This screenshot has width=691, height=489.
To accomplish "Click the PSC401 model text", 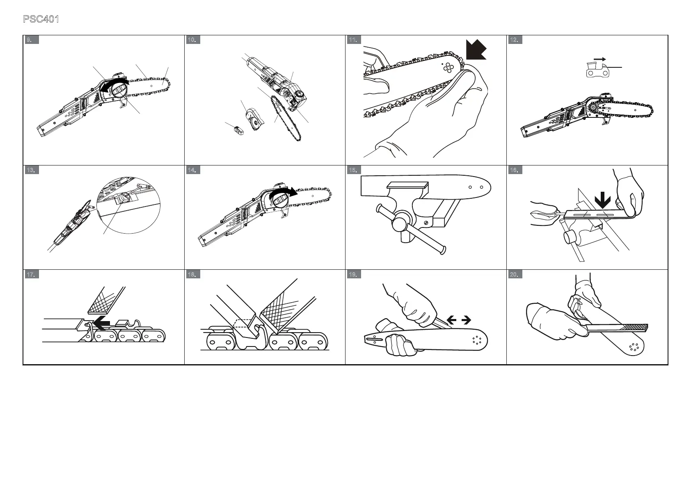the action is click(41, 19).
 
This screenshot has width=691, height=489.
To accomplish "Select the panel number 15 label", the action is click(353, 170).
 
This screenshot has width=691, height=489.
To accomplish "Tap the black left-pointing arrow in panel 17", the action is click(101, 323).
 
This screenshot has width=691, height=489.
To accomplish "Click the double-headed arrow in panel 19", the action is click(458, 320).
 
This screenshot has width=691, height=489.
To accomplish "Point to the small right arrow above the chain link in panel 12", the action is click(600, 59).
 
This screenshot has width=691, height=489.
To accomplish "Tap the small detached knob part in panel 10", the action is click(238, 129).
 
